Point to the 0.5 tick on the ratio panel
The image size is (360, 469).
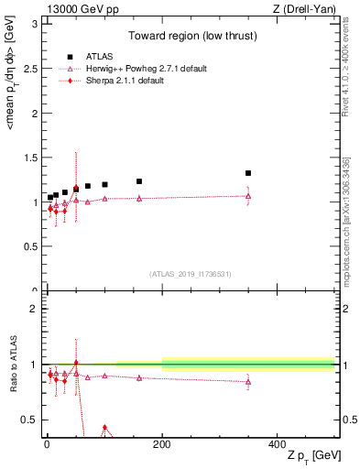[32, 420]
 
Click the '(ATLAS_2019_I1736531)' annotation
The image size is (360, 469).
[190, 274]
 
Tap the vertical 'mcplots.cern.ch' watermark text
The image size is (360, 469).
[345, 224]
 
